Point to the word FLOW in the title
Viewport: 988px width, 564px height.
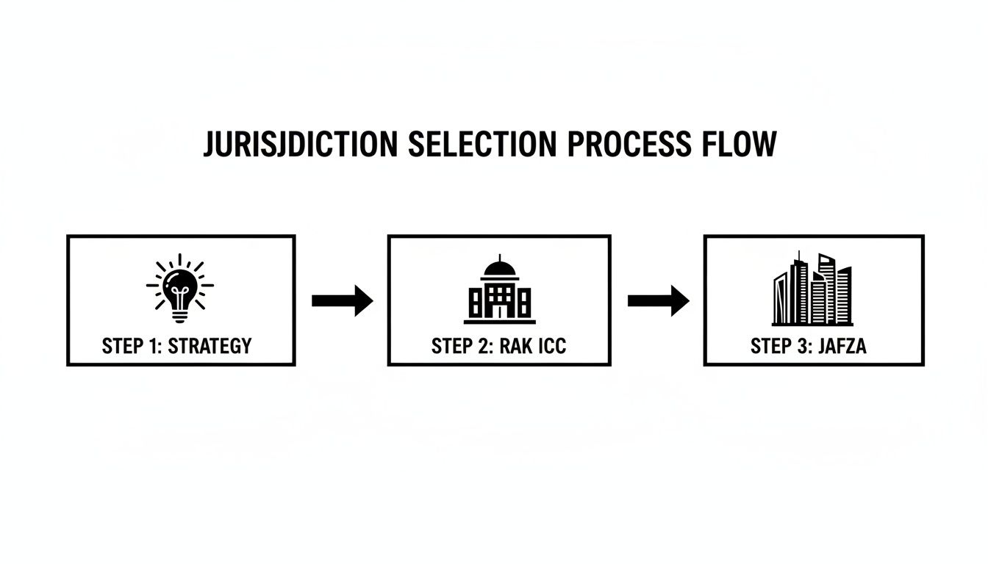[742, 144]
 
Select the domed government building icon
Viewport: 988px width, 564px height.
[499, 291]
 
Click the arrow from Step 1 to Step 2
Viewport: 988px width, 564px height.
[342, 300]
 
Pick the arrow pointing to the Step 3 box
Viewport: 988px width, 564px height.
[658, 300]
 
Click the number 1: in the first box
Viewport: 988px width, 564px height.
[154, 346]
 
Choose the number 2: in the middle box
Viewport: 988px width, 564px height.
[484, 346]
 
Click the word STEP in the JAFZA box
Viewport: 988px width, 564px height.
[769, 346]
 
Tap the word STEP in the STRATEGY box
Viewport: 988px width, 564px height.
[121, 346]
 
